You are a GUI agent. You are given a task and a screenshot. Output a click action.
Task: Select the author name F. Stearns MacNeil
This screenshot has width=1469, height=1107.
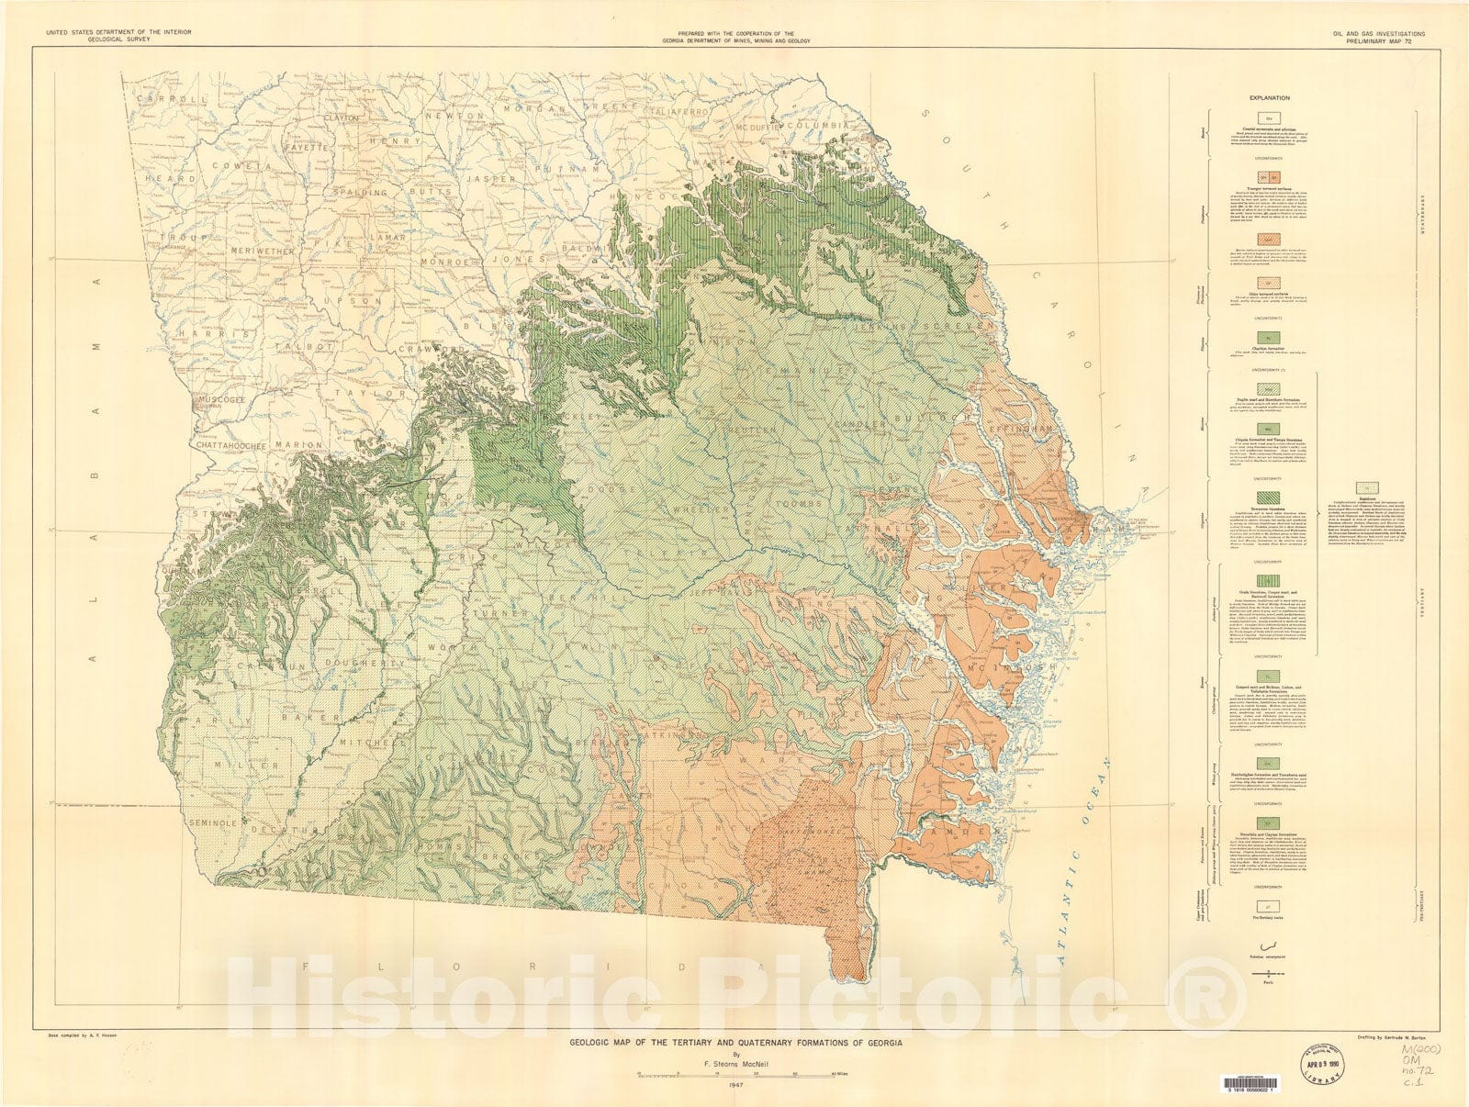734,1056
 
